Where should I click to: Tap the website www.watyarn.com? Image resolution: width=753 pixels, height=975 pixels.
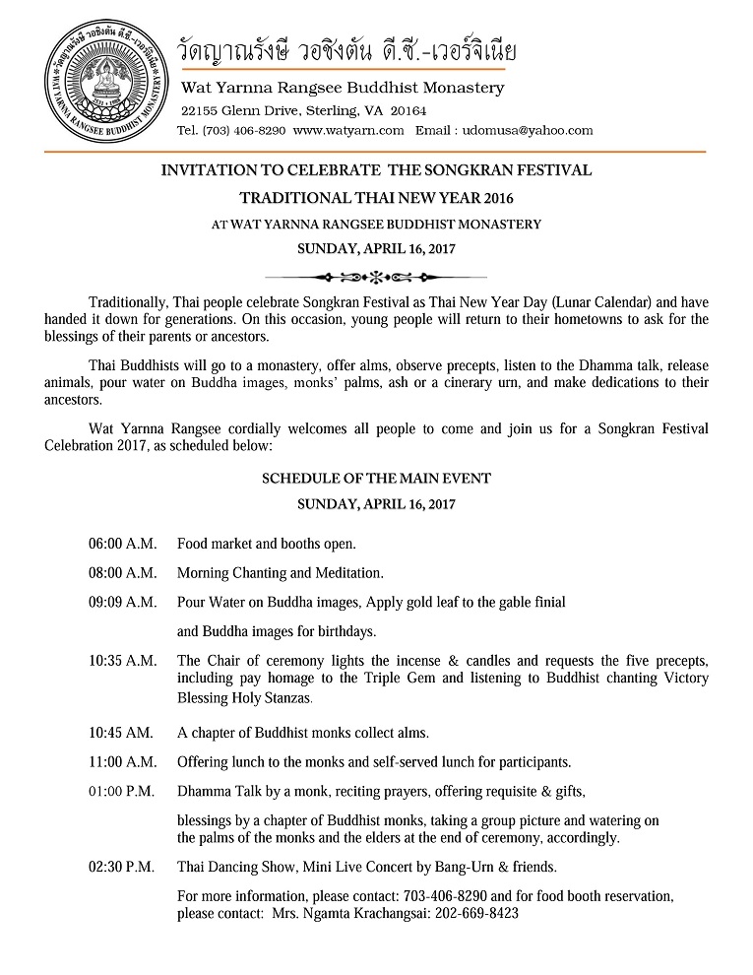click(x=348, y=130)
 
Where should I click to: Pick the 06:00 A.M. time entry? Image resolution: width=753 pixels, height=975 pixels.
click(x=122, y=544)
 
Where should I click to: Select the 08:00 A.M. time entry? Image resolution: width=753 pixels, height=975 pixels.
click(x=122, y=572)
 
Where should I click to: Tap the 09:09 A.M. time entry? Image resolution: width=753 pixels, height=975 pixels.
click(x=122, y=601)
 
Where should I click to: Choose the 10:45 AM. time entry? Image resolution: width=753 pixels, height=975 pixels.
click(x=120, y=733)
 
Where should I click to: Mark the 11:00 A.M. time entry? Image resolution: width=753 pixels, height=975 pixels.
click(x=122, y=761)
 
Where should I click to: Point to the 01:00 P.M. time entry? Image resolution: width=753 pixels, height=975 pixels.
click(x=122, y=791)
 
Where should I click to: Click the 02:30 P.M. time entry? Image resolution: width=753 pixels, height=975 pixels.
click(x=122, y=867)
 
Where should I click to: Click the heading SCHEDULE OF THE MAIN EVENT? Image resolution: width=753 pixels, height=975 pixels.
click(x=376, y=479)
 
